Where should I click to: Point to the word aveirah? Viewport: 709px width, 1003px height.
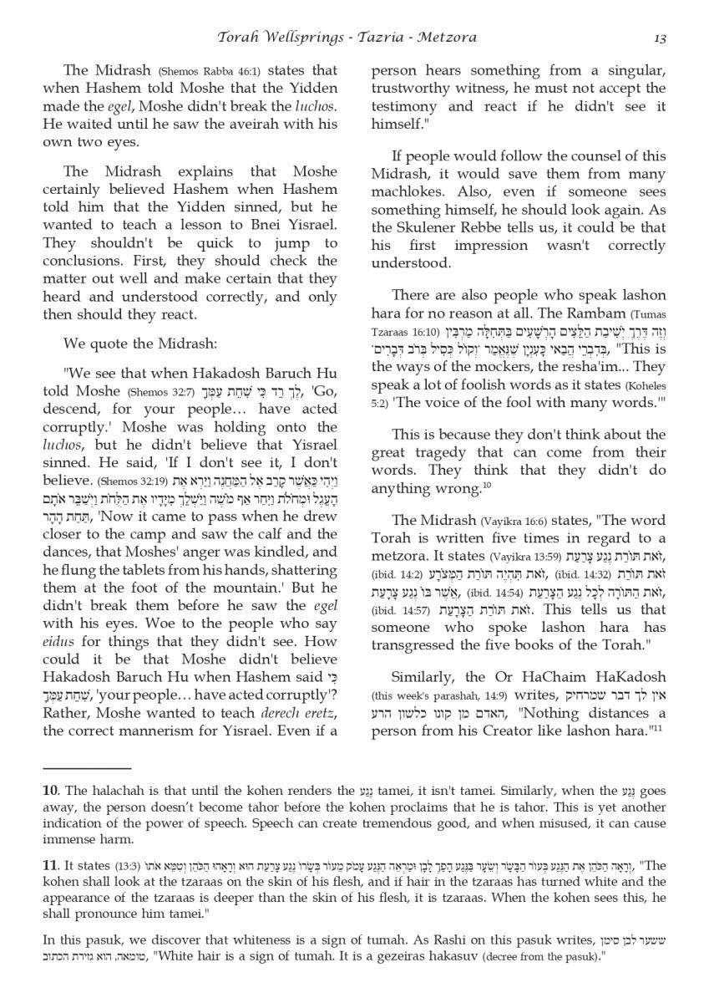(x=263, y=124)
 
